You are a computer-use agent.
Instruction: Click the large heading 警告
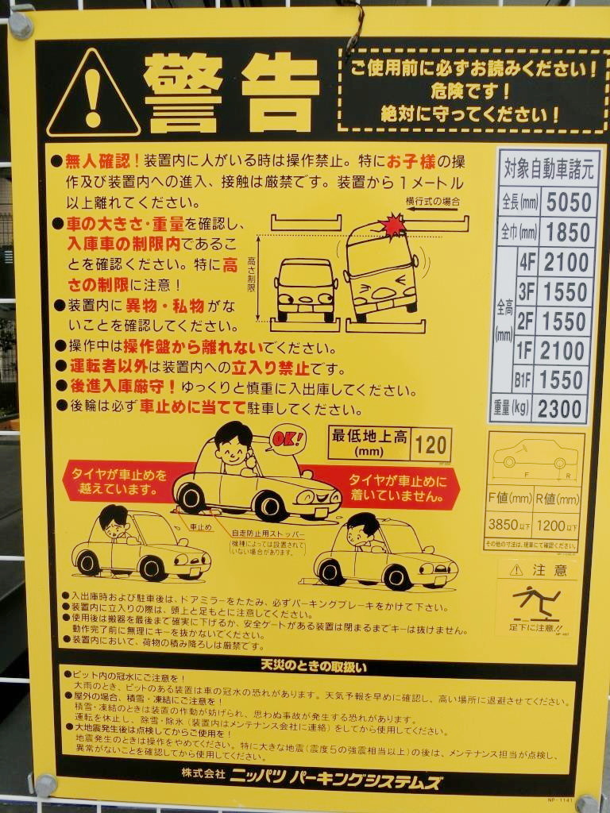(x=230, y=94)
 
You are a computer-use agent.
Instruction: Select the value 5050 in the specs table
(x=568, y=202)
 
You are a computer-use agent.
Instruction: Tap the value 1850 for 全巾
(x=568, y=232)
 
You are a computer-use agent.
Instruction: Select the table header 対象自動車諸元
(x=547, y=168)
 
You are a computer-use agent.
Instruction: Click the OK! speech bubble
(x=288, y=437)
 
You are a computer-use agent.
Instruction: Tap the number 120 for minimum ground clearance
(x=430, y=445)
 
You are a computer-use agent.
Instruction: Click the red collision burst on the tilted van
(x=393, y=226)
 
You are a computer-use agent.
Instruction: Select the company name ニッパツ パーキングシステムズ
(x=335, y=780)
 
